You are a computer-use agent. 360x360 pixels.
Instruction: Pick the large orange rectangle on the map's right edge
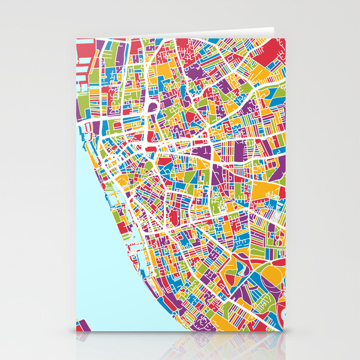pyautogui.click(x=265, y=192)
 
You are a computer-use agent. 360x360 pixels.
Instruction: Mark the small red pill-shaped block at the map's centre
pyautogui.click(x=151, y=145)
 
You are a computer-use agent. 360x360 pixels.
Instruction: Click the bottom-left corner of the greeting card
pyautogui.click(x=76, y=332)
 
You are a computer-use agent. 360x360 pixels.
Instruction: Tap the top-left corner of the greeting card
pyautogui.click(x=76, y=37)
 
